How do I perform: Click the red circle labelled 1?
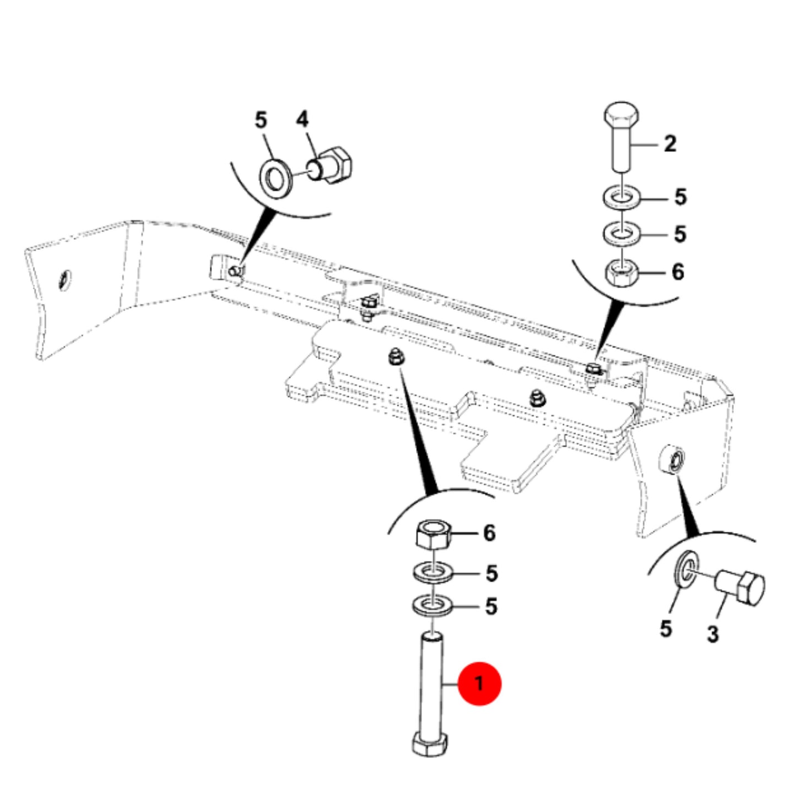tap(479, 683)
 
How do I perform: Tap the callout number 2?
tap(670, 144)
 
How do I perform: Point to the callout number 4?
tap(302, 120)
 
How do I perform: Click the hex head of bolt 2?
tap(621, 115)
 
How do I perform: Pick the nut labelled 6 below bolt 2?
tap(621, 273)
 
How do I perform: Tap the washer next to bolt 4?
tap(276, 178)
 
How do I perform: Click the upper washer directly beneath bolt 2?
tap(621, 197)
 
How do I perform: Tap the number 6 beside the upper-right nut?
tap(678, 272)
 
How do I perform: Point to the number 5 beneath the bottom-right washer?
tap(666, 629)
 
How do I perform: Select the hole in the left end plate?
tap(65, 280)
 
